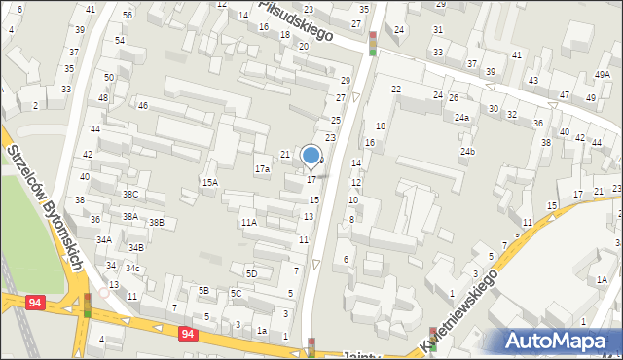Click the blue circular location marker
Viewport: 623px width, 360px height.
click(311, 155)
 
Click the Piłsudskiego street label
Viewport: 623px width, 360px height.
click(295, 19)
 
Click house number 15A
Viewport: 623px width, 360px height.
click(209, 182)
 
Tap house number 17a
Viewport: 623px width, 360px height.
click(262, 169)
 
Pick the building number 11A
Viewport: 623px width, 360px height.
click(249, 223)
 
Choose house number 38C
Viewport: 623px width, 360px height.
click(129, 195)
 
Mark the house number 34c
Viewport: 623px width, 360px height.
click(132, 269)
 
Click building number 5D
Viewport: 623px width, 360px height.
click(251, 274)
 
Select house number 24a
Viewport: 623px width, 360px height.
click(461, 118)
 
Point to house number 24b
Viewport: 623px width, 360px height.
click(468, 152)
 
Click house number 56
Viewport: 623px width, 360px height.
click(128, 17)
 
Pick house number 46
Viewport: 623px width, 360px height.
click(142, 105)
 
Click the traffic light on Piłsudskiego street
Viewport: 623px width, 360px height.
click(372, 44)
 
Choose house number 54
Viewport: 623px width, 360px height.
click(120, 41)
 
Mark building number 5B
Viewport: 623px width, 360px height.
click(203, 291)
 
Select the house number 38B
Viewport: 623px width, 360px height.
click(157, 223)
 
